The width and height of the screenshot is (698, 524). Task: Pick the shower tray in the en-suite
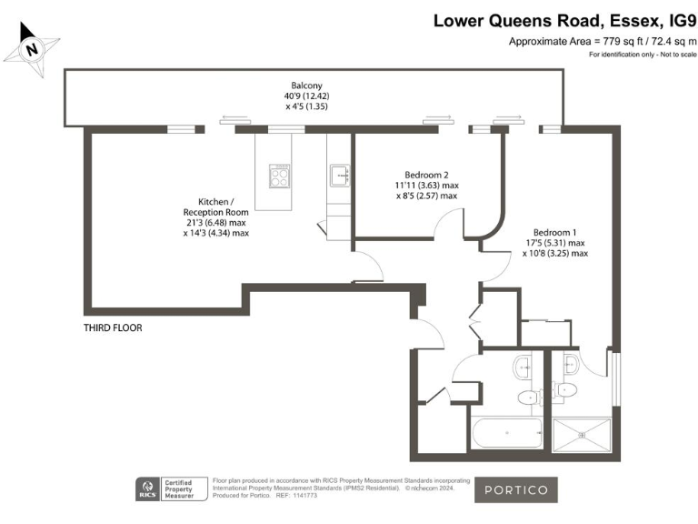[x=582, y=434]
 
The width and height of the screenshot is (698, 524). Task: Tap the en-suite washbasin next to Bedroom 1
[x=570, y=366]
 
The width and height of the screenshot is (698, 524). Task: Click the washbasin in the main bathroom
[x=524, y=366]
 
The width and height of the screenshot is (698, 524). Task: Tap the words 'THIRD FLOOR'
[x=113, y=327]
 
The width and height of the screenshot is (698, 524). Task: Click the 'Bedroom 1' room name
[x=554, y=231]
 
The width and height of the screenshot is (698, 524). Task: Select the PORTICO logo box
[x=515, y=489]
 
